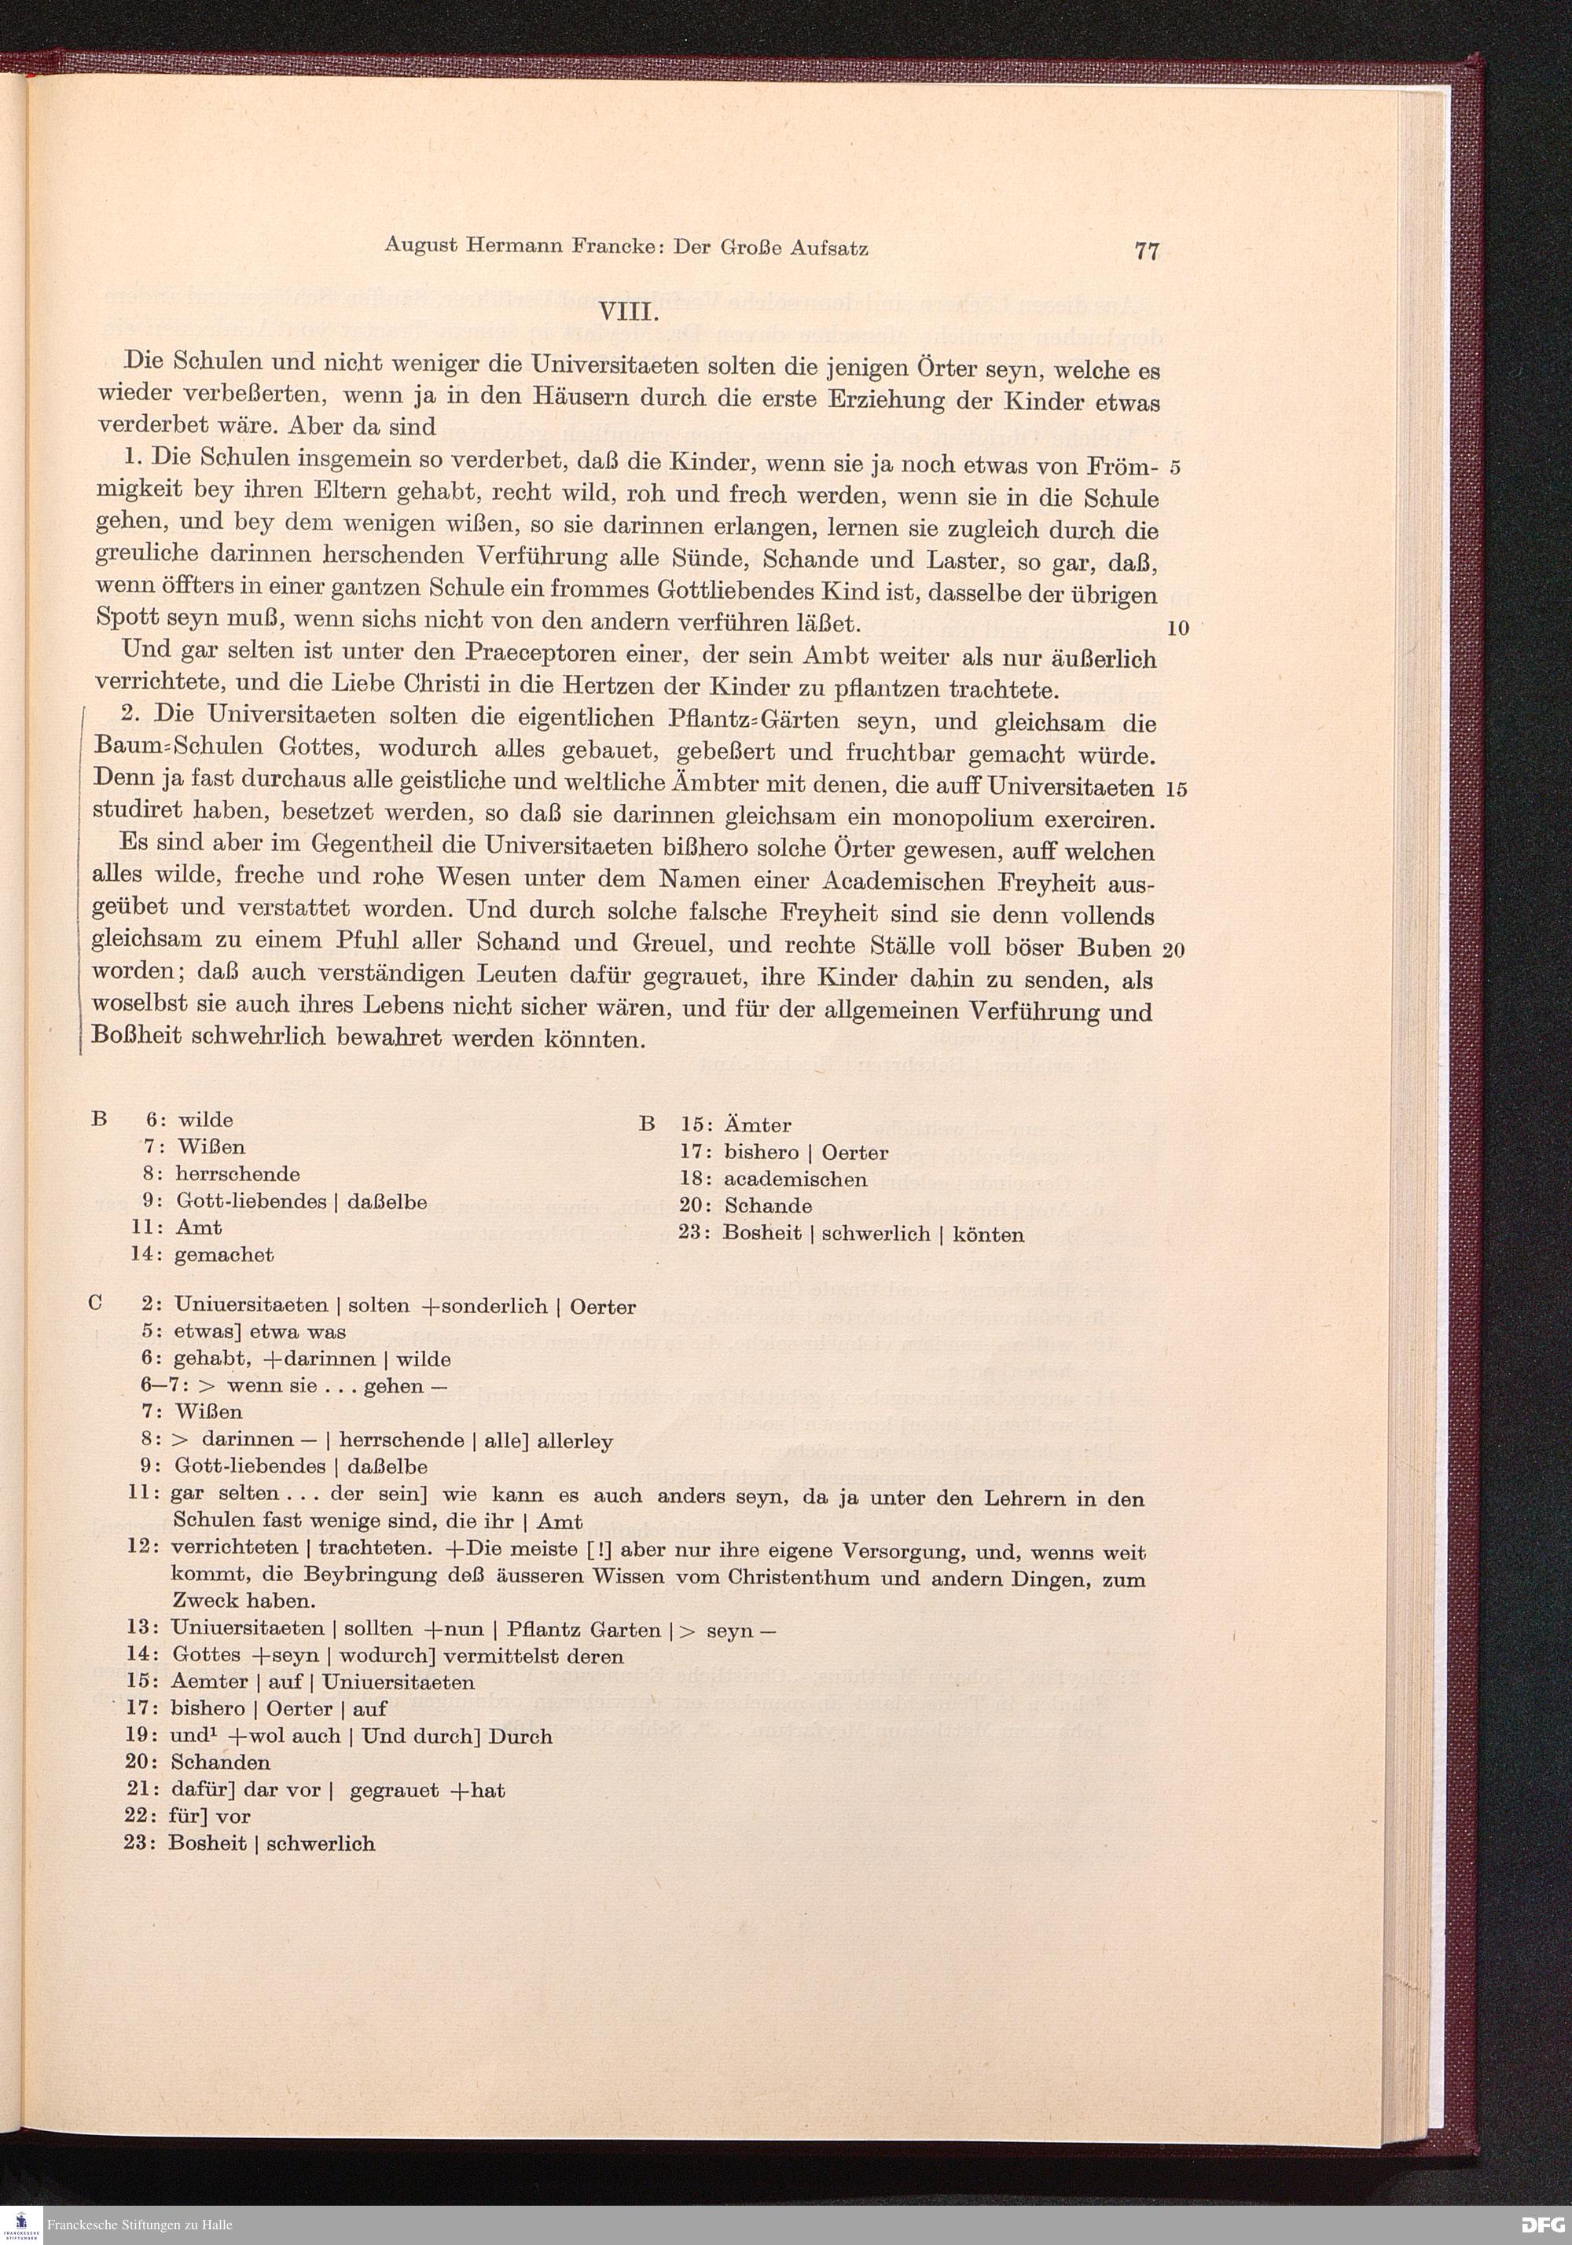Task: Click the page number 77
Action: click(1147, 251)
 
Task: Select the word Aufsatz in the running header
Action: click(828, 248)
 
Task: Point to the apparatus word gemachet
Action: click(224, 1254)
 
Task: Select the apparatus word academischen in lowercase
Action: click(795, 1180)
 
